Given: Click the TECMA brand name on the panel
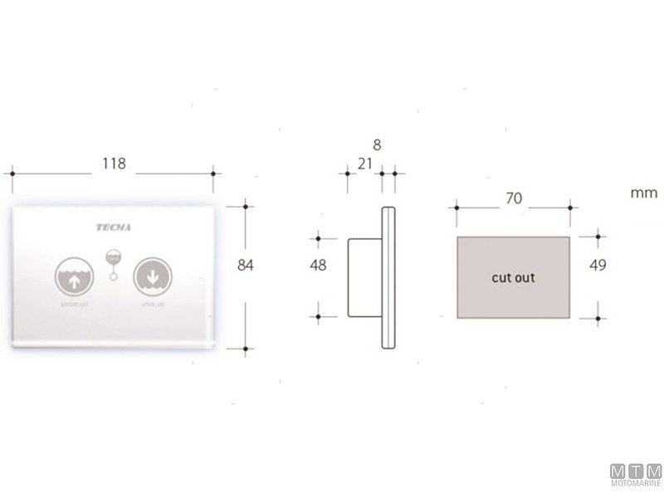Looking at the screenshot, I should coord(113,225).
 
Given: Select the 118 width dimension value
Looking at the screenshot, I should coord(114,164).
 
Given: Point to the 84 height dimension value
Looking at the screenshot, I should coord(244,265).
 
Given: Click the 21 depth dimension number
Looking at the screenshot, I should coord(364,164).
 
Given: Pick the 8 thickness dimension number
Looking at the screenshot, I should coord(377,144).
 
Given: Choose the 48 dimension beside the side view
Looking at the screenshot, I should coord(317,266).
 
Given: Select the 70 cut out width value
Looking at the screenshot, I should coord(514,199).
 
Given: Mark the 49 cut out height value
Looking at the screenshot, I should coord(598,266).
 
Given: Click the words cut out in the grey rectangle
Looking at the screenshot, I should coord(513,278).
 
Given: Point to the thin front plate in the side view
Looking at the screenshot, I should coord(386,278).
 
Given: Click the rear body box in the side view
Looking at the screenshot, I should coord(363,278).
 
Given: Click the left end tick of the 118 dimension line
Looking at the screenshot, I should coord(12,173).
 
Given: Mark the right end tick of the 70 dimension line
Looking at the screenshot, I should coord(570,206).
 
